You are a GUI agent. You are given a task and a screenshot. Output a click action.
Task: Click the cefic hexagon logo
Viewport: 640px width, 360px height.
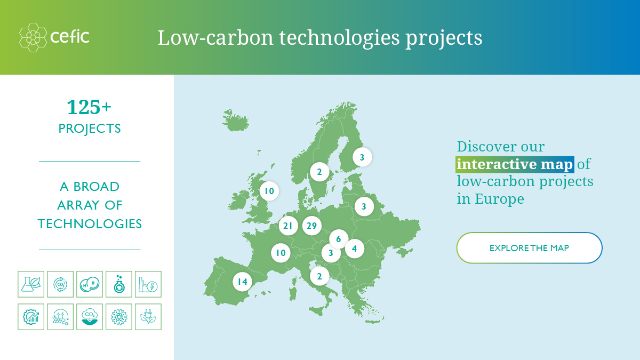click(x=33, y=37)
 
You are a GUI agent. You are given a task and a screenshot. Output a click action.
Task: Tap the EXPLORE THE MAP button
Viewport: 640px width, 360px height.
click(x=529, y=247)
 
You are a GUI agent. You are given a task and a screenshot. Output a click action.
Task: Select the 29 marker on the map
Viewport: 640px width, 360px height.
click(x=311, y=226)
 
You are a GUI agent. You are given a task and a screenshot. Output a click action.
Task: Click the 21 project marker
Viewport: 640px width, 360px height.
click(x=288, y=226)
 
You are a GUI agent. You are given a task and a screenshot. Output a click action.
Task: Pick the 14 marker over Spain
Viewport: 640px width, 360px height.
click(x=242, y=282)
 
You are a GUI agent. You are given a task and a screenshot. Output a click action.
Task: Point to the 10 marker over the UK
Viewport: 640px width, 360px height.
click(x=269, y=191)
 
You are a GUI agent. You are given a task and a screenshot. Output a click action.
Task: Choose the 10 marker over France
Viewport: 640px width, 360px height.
click(x=281, y=253)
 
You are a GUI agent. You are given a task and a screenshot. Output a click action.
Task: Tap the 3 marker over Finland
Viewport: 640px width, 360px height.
click(x=362, y=157)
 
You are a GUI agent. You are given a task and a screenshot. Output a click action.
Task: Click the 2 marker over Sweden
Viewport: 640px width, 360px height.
click(x=319, y=172)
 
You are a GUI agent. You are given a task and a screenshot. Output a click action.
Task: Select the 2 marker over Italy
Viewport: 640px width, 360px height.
click(x=319, y=276)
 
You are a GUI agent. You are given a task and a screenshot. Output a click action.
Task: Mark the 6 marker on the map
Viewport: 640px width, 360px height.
click(x=339, y=239)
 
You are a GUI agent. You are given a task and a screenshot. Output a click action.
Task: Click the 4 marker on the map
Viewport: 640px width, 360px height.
click(x=355, y=249)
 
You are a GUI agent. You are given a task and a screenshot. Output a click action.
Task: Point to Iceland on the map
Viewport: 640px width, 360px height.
click(x=235, y=121)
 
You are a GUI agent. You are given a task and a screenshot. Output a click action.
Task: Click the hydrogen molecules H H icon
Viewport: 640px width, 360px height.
click(x=90, y=284)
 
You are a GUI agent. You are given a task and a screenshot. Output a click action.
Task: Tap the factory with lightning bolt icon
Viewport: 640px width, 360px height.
click(x=148, y=284)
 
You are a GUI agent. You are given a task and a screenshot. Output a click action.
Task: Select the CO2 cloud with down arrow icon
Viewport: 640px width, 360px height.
click(x=90, y=317)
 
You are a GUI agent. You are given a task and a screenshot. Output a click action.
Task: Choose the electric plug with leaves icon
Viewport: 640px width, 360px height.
click(x=148, y=317)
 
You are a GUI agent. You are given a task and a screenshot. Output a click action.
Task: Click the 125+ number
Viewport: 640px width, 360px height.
click(x=89, y=107)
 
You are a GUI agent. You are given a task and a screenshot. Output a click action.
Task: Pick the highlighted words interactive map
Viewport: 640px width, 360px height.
click(x=515, y=164)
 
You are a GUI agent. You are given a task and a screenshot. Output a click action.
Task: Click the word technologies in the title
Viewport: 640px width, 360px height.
click(x=339, y=38)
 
